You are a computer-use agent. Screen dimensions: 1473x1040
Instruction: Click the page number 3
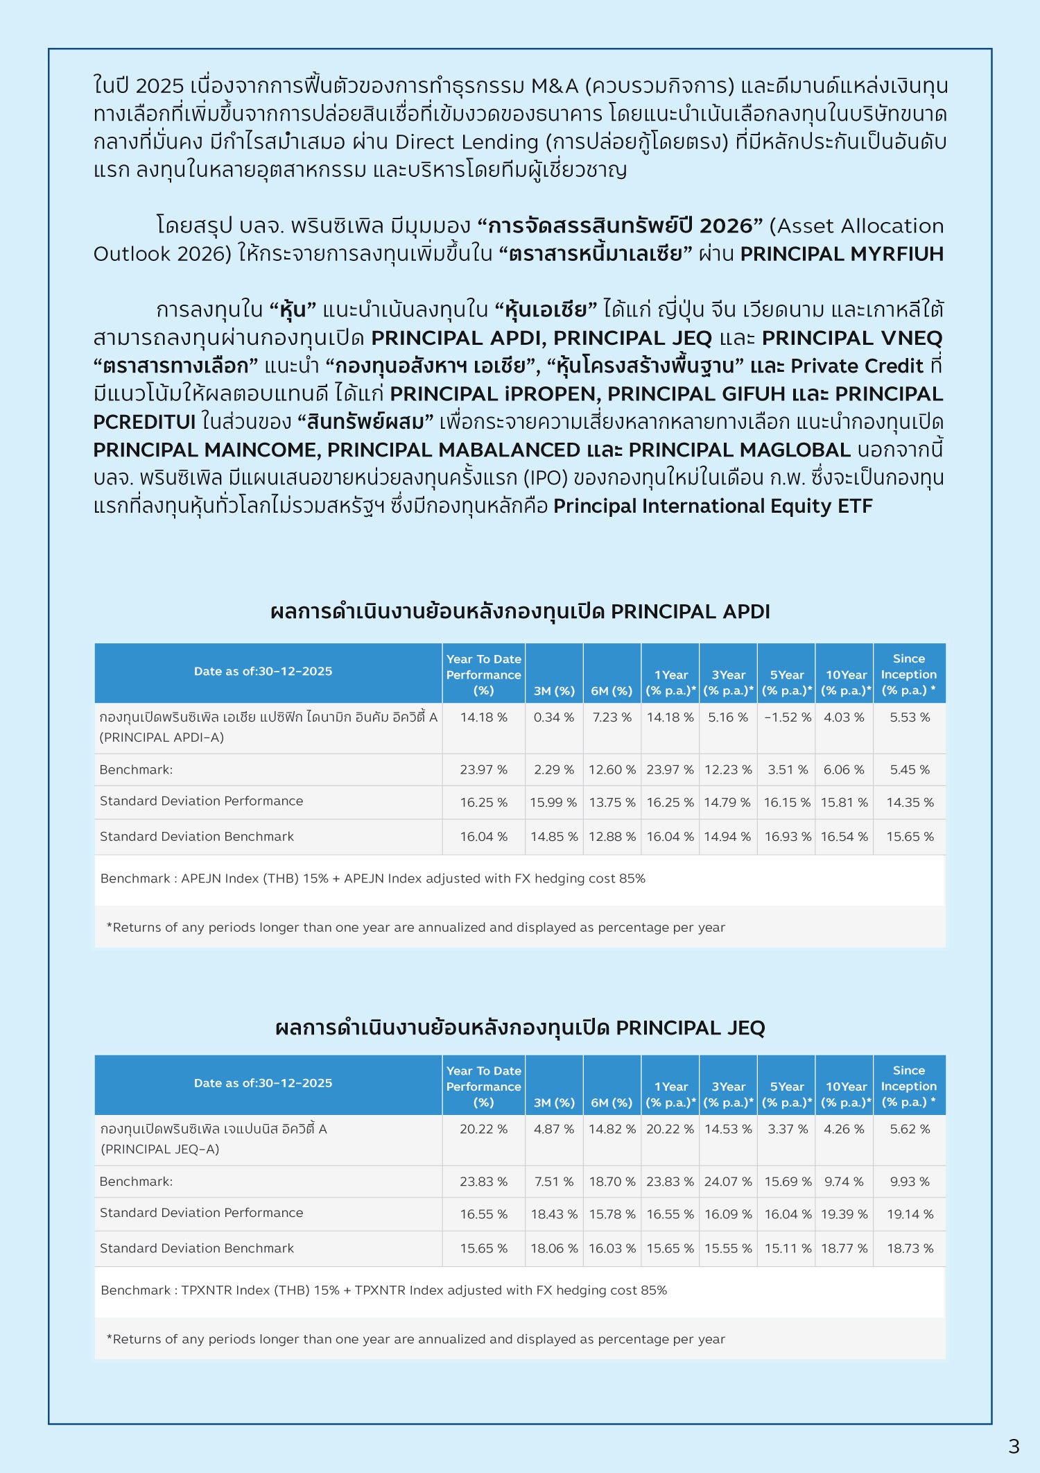point(1014,1446)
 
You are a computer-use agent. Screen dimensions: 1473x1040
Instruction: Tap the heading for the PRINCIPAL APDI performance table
point(520,611)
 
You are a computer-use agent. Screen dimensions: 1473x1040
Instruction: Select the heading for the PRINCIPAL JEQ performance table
point(520,1028)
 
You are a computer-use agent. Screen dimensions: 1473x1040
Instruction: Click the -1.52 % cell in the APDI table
point(787,717)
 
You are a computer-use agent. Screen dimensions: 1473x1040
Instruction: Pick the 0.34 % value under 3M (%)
point(554,717)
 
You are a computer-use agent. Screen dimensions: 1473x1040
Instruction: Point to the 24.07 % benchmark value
point(728,1182)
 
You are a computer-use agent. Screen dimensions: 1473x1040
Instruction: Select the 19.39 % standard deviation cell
point(844,1214)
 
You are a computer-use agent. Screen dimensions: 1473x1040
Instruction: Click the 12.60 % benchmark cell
point(612,769)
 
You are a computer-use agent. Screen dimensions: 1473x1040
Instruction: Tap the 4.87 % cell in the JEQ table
point(554,1129)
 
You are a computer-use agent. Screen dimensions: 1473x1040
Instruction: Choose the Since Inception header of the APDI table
point(909,674)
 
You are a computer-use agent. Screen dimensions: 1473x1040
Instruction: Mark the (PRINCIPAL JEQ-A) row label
point(160,1149)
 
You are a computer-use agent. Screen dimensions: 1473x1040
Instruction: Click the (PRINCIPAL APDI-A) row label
point(162,738)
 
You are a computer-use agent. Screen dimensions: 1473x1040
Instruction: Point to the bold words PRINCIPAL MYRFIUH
point(842,254)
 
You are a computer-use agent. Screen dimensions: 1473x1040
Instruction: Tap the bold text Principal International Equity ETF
point(712,506)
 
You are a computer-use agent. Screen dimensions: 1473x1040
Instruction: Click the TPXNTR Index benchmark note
point(383,1291)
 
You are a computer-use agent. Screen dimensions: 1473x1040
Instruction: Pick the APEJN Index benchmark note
point(372,878)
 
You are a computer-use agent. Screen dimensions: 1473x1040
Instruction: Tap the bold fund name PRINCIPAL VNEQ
point(852,338)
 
